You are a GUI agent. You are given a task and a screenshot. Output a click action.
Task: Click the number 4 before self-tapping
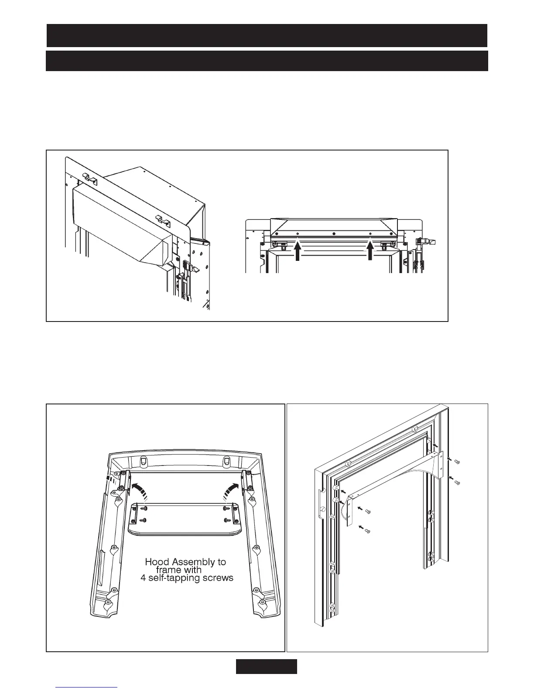pos(143,578)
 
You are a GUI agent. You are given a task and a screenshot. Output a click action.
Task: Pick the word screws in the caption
pos(217,578)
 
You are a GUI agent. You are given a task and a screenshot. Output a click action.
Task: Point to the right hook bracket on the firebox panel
pos(163,219)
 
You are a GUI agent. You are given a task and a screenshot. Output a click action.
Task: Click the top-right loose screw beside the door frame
pos(457,462)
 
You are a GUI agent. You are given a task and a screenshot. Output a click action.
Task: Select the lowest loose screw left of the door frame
pos(367,530)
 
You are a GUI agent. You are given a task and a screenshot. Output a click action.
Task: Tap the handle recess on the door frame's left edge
pos(321,502)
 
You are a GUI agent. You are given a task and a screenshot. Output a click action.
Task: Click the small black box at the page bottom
pos(267,666)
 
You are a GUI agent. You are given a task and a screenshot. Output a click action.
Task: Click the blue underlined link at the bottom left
pos(87,687)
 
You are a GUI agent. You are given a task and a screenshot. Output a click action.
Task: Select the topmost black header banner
pos(267,35)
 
